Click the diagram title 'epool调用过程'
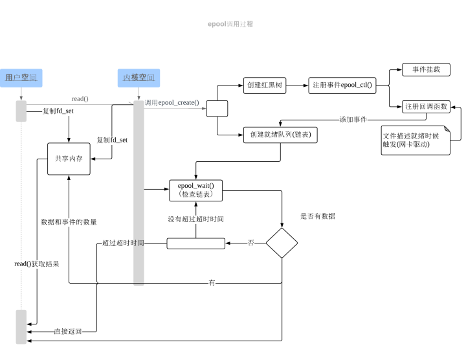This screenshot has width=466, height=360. tap(230, 24)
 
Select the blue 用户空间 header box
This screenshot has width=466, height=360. tap(21, 78)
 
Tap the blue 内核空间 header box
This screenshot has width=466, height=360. tap(139, 78)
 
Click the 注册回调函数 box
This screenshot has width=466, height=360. tap(425, 106)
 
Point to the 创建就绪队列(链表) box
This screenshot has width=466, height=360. tap(280, 134)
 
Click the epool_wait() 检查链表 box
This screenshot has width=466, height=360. tap(196, 190)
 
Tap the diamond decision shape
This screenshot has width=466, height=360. tap(282, 243)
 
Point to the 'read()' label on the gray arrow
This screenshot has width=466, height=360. tap(80, 98)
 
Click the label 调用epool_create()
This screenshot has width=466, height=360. tap(172, 102)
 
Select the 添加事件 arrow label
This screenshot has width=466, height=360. tap(353, 119)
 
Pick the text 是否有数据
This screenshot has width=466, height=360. tap(318, 216)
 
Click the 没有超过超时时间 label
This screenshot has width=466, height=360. tap(196, 219)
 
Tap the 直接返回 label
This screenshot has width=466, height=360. tap(67, 332)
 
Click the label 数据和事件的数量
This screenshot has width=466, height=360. tap(69, 221)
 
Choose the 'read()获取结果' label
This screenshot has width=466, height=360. tap(37, 264)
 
